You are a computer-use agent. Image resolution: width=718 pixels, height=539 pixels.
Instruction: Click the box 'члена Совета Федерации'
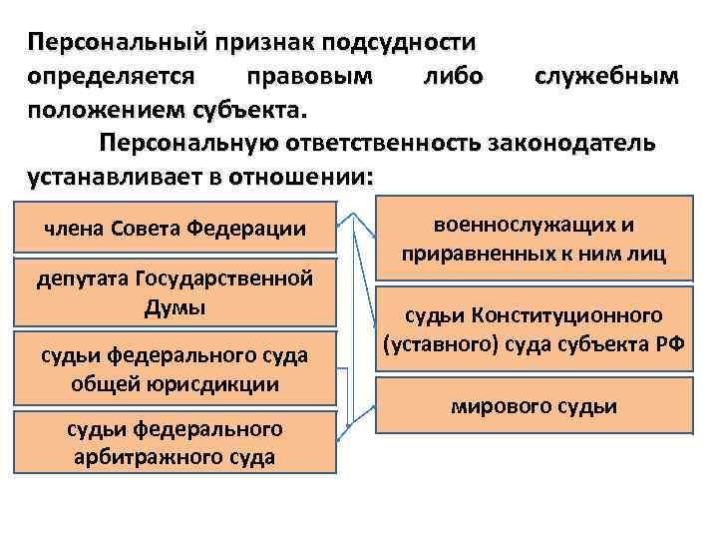tap(175, 229)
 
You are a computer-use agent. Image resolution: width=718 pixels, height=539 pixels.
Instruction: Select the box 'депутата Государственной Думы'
tap(175, 291)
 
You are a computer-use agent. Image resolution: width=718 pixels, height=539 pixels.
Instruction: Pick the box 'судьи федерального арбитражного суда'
tap(175, 442)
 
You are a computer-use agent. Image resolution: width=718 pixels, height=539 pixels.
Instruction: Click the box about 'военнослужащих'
tap(533, 240)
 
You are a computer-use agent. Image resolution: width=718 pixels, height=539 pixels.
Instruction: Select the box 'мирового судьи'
tap(533, 406)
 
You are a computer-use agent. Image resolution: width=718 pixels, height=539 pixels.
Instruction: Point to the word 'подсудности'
tap(409, 42)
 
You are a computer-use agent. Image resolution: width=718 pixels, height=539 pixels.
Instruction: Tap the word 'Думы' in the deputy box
tap(175, 306)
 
